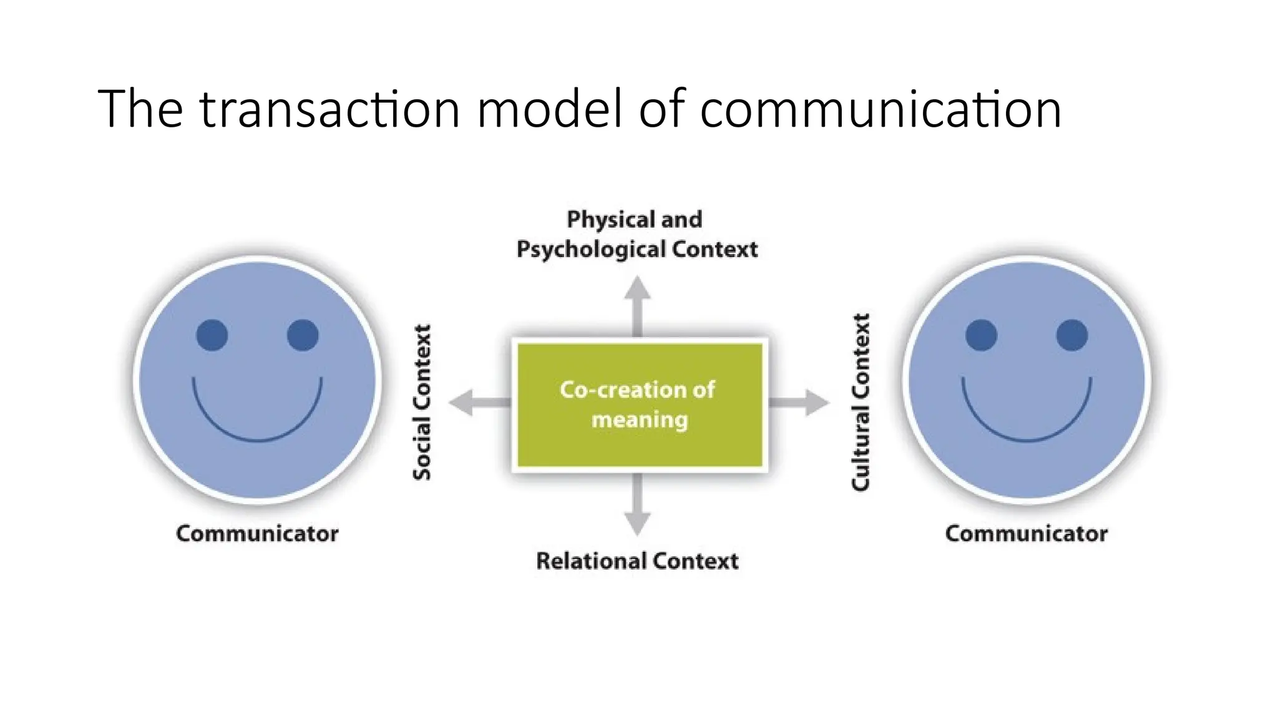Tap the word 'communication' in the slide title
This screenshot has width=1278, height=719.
[x=880, y=109]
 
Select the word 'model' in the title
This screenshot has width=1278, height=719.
[x=550, y=109]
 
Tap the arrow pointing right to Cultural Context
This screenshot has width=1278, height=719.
[x=802, y=402]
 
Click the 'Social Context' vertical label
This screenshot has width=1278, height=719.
[x=422, y=403]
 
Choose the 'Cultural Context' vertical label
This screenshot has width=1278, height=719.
[x=861, y=403]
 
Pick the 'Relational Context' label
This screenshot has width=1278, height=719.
[x=637, y=560]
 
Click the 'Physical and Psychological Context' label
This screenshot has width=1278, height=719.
[x=637, y=234]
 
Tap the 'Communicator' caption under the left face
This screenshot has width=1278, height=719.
[x=257, y=534]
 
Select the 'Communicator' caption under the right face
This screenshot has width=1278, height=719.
[x=1026, y=534]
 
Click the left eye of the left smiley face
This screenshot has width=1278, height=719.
[x=212, y=335]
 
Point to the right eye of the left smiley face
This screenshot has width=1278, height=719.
[x=303, y=335]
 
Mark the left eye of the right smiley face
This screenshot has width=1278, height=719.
[x=981, y=335]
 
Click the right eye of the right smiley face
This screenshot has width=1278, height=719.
[x=1072, y=335]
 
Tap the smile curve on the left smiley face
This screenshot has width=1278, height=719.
[x=257, y=440]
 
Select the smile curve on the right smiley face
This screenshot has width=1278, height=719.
[x=1027, y=440]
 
